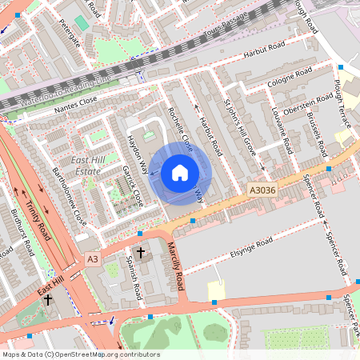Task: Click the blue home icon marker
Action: coord(180,173)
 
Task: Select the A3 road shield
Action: coord(94,259)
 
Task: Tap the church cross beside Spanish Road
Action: coord(142,254)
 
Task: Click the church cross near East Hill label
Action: coord(48,301)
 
